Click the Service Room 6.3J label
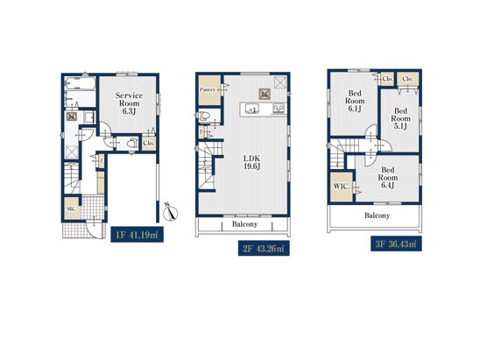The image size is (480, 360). click(129, 103)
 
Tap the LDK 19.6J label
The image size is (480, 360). click(252, 162)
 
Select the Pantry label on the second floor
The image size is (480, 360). click(208, 89)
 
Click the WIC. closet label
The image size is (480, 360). click(341, 187)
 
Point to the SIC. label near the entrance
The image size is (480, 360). click(71, 208)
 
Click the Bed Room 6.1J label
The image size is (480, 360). click(355, 101)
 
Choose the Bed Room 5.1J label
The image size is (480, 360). click(400, 118)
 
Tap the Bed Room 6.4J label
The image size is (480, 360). click(387, 178)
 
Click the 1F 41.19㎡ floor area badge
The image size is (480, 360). click(137, 235)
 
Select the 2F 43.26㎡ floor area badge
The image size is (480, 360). click(264, 248)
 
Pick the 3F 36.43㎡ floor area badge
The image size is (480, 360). click(396, 244)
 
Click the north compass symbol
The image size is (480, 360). click(171, 211)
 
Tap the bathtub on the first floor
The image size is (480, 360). click(81, 83)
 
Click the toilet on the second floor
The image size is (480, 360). click(204, 116)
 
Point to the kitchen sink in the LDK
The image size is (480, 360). click(251, 109)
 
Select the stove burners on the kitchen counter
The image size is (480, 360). click(279, 109)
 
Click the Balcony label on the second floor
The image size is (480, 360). click(244, 224)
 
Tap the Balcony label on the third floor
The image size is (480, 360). click(377, 215)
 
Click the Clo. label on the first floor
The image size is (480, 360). click(149, 143)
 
